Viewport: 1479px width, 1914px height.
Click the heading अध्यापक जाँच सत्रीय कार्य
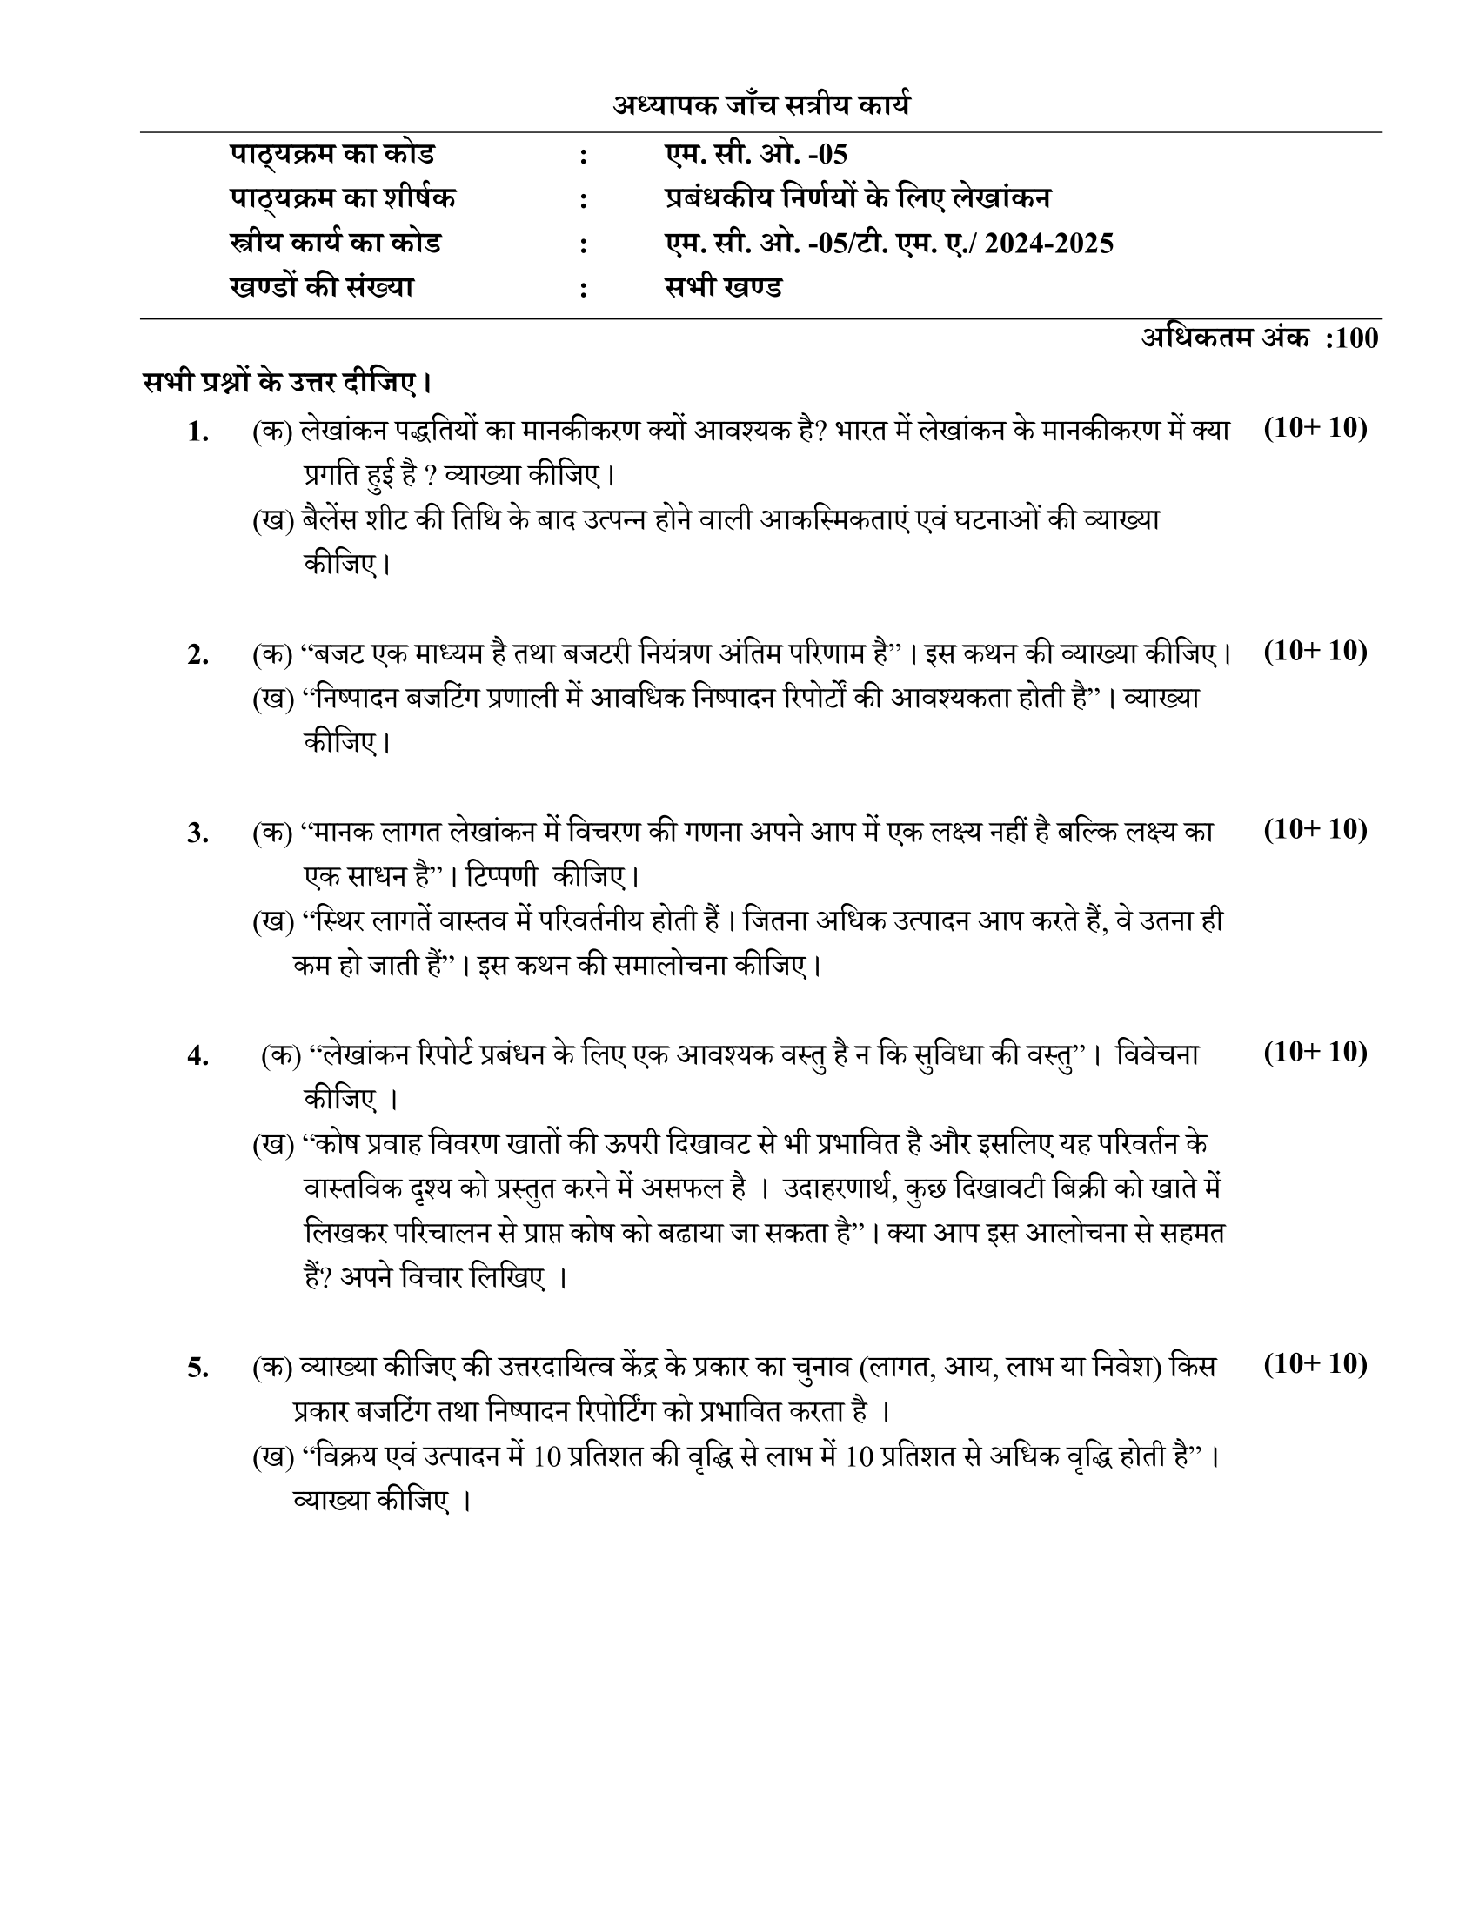pyautogui.click(x=760, y=106)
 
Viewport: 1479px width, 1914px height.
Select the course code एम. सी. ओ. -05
pyautogui.click(x=755, y=155)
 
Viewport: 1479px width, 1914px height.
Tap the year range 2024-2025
pyautogui.click(x=1049, y=244)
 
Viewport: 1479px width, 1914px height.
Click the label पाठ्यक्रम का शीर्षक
pyautogui.click(x=343, y=199)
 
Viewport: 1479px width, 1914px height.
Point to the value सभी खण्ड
pyautogui.click(x=723, y=288)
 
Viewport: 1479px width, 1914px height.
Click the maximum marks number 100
pyautogui.click(x=1356, y=338)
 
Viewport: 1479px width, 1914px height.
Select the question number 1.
pyautogui.click(x=198, y=432)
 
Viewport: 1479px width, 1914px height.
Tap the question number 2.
pyautogui.click(x=198, y=654)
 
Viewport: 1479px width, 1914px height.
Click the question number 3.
pyautogui.click(x=198, y=833)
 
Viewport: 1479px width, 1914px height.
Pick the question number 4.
pyautogui.click(x=198, y=1056)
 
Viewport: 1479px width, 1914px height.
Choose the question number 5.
pyautogui.click(x=198, y=1368)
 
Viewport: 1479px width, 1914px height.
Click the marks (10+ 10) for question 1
pyautogui.click(x=1315, y=429)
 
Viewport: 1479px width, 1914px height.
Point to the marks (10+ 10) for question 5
pyautogui.click(x=1315, y=1364)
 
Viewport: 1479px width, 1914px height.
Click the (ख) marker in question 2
pyautogui.click(x=272, y=699)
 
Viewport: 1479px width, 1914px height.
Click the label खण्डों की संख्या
pyautogui.click(x=322, y=288)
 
